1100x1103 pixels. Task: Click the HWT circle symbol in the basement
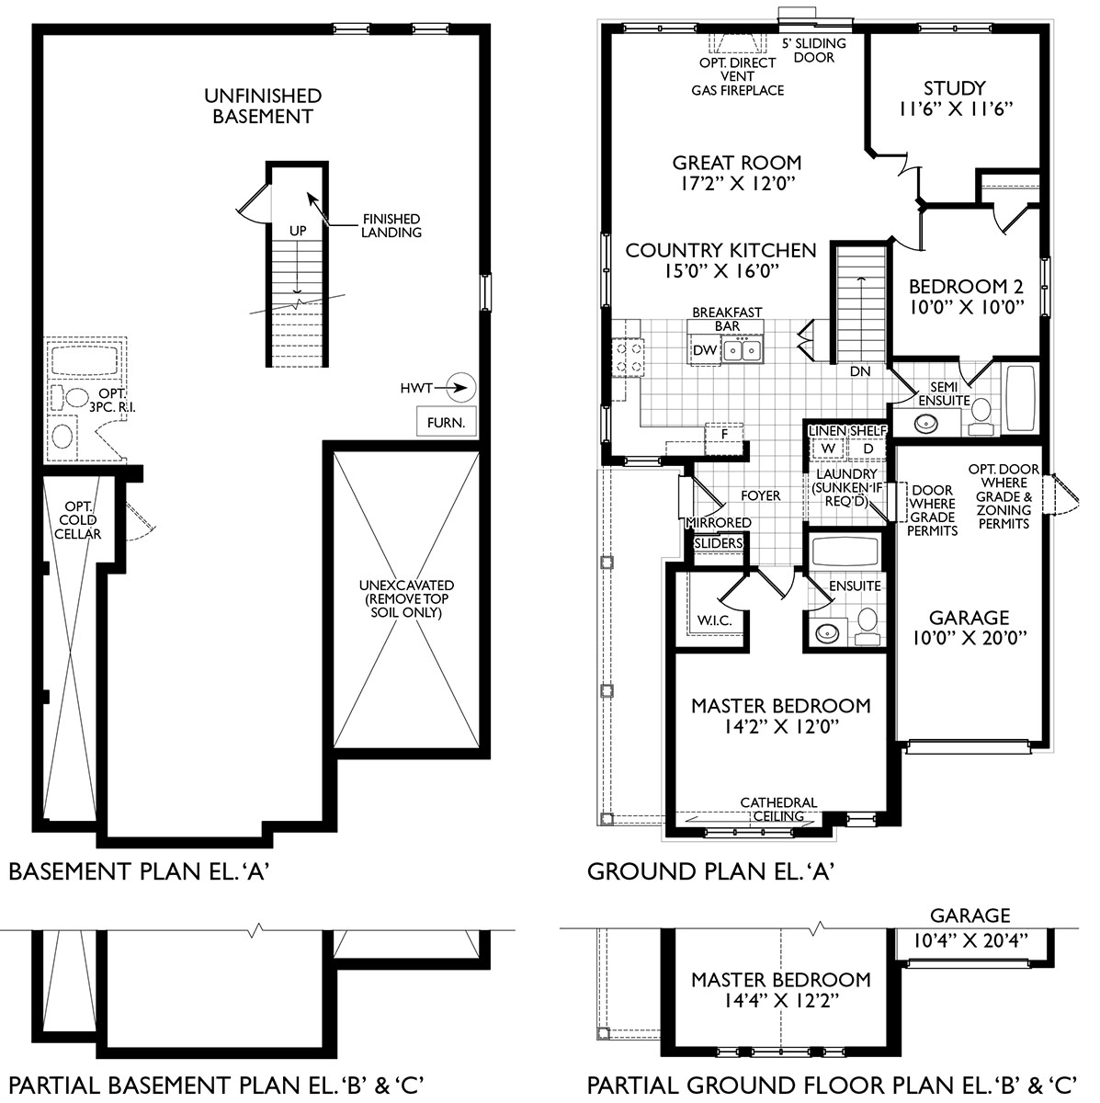462,389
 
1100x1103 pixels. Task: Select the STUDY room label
954,88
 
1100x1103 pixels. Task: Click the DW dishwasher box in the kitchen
704,350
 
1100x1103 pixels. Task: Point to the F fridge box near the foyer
724,433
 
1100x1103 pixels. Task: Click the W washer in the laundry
826,448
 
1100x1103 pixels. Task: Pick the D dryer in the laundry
867,448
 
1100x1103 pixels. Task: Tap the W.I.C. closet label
714,620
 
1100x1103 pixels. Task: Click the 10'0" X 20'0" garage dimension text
968,637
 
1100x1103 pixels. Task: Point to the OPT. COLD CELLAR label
82,520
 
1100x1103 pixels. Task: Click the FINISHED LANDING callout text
391,225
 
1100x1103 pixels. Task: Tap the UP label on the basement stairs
298,231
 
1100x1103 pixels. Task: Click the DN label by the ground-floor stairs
859,371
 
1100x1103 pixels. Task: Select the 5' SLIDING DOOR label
812,51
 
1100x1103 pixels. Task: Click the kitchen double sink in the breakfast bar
741,349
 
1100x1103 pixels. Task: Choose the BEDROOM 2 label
965,286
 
